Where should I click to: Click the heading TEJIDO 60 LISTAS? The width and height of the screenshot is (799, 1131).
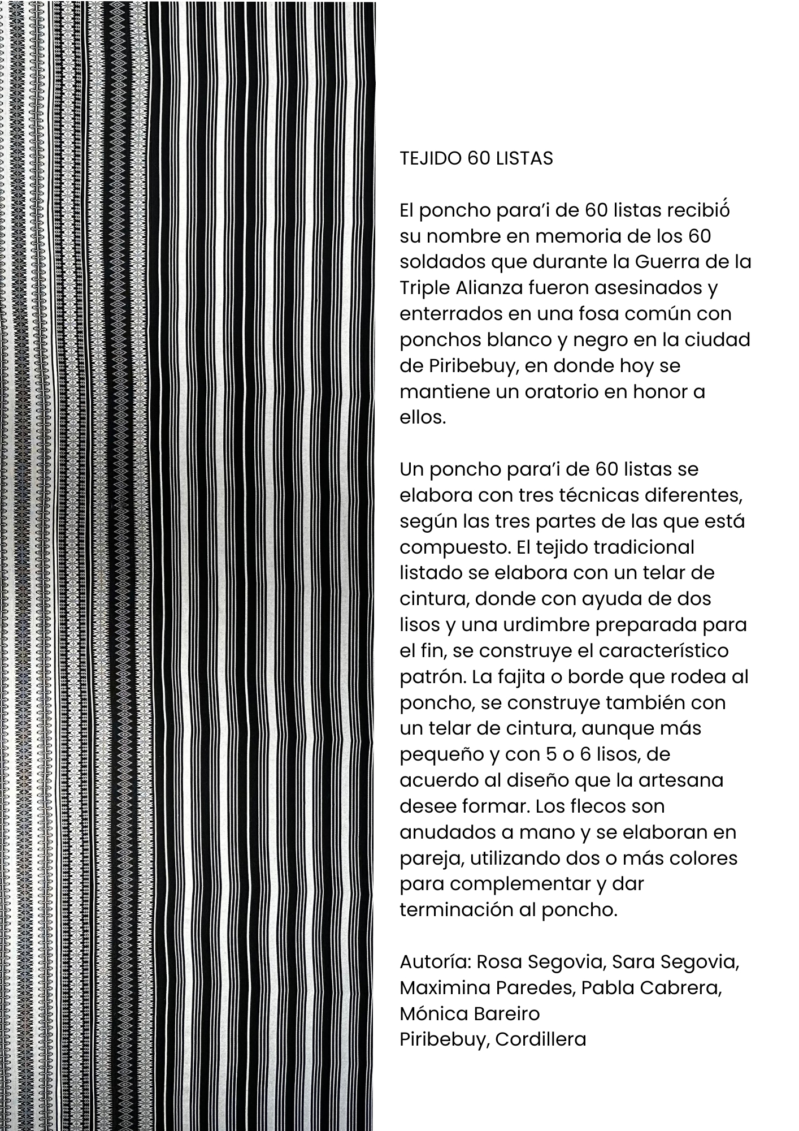click(x=476, y=159)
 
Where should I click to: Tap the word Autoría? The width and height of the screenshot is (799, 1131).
click(x=435, y=962)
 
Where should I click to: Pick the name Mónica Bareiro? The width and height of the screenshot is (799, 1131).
click(x=470, y=1014)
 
